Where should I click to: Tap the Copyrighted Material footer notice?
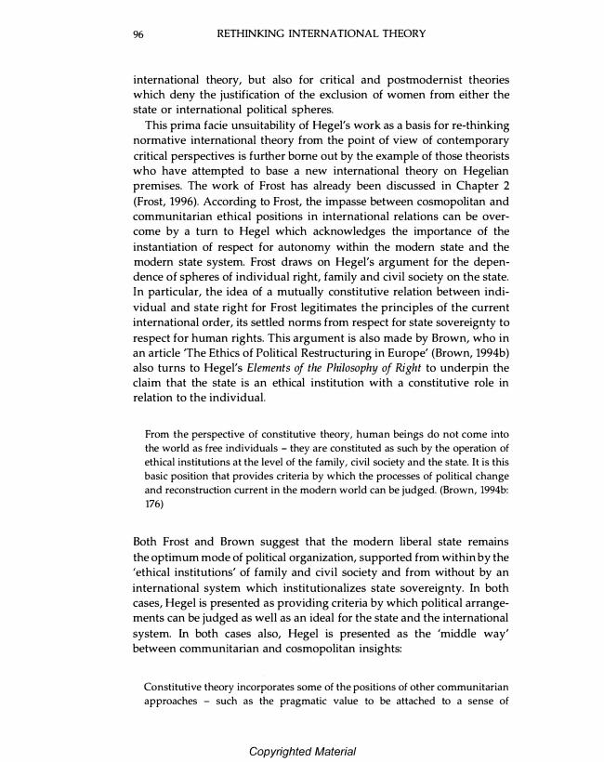[x=302, y=751]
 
